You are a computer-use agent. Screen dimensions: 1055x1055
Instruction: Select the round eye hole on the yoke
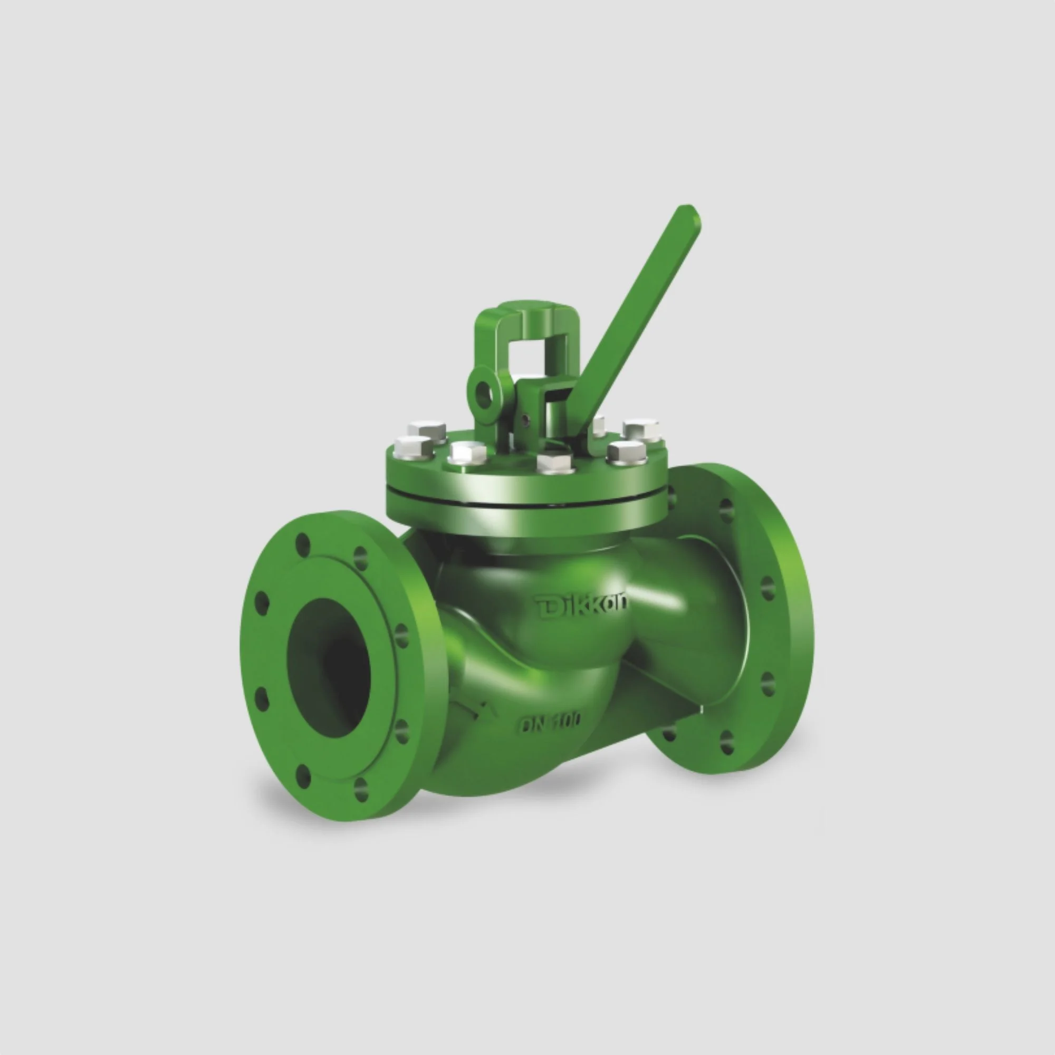coord(484,395)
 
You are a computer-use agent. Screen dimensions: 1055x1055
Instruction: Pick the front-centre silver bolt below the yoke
coord(555,462)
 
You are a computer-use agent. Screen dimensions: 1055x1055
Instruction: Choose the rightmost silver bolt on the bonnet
coord(642,429)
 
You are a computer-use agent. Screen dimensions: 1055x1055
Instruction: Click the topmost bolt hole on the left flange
coord(302,544)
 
